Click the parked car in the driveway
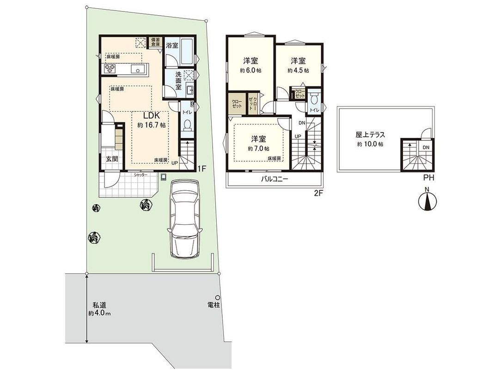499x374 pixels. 185,218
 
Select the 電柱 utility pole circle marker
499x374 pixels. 217,297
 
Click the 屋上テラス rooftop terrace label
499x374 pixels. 371,135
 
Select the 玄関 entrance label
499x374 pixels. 112,159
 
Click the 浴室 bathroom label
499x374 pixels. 172,45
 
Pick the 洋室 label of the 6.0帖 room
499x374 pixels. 250,60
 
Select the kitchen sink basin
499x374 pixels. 138,69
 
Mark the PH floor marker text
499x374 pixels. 428,177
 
